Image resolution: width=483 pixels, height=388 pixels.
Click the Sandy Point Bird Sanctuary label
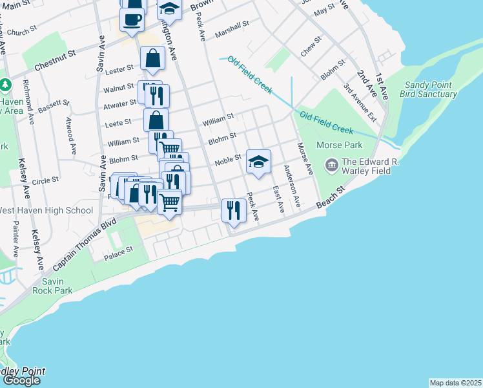(430, 89)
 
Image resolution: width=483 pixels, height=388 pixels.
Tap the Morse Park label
(340, 145)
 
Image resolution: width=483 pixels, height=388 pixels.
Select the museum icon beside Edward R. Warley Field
(332, 165)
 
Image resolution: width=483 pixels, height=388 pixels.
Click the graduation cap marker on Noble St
(258, 162)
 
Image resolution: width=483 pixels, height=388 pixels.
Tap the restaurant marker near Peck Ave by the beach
(233, 210)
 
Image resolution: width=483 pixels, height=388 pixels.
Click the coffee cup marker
(132, 19)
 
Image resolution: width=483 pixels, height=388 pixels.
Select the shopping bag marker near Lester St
(151, 58)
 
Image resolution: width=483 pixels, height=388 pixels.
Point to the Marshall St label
(232, 29)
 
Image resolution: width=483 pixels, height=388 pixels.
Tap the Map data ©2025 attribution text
(455, 383)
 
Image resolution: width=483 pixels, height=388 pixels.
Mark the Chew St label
(311, 47)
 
